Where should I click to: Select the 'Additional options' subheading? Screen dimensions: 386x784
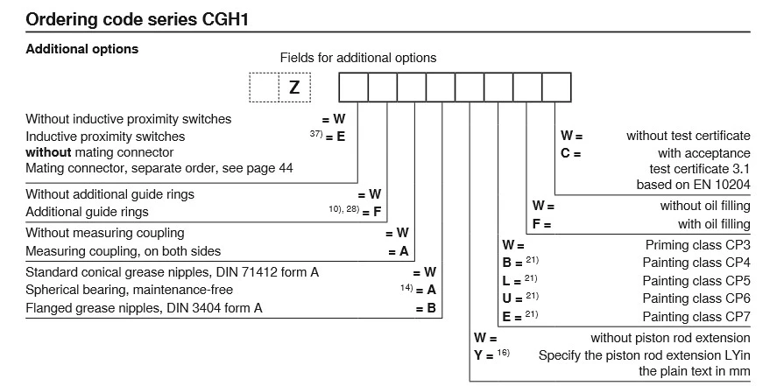(x=81, y=49)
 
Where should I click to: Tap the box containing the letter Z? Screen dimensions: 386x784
(x=294, y=88)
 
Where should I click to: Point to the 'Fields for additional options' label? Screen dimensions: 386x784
(x=357, y=58)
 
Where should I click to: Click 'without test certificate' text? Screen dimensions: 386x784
(x=688, y=136)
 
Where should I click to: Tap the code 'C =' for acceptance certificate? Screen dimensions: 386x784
(x=571, y=152)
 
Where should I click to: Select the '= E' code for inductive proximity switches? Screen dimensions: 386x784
(x=335, y=137)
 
